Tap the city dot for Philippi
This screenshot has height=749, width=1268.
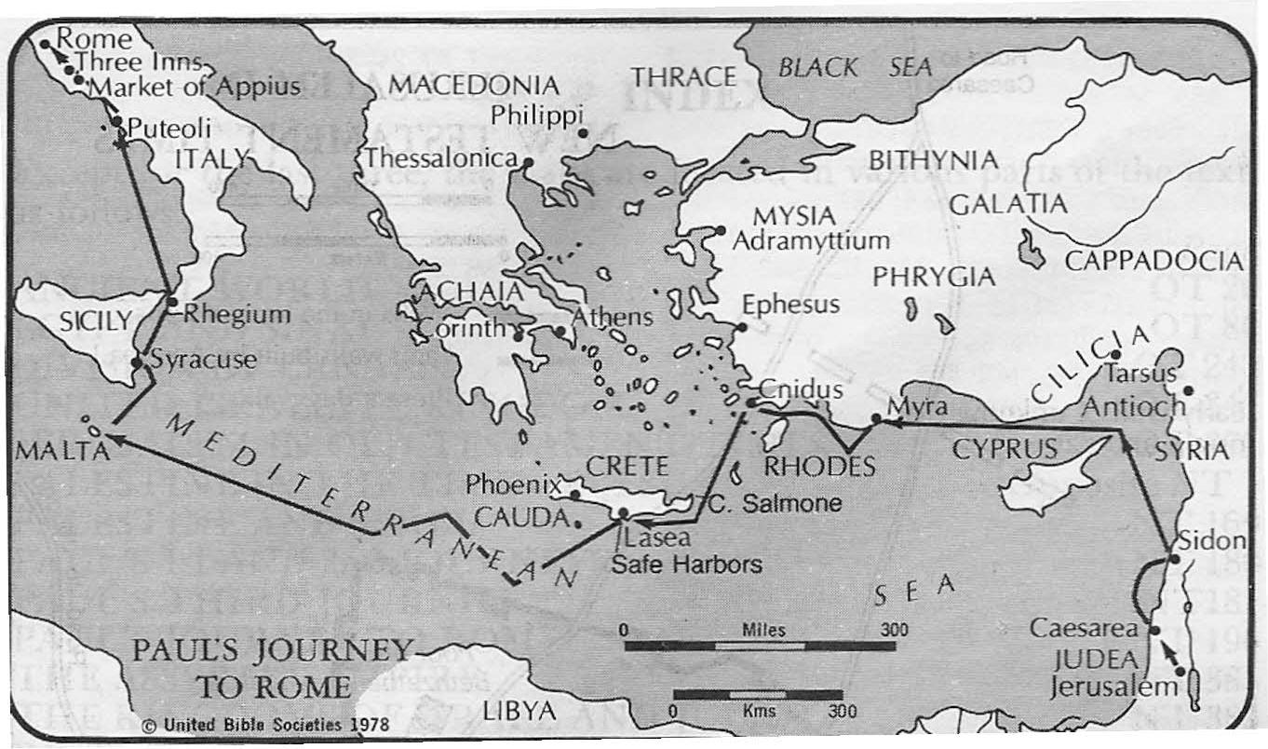click(584, 133)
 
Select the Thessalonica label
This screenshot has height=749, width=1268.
click(440, 159)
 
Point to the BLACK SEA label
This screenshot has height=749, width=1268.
click(855, 67)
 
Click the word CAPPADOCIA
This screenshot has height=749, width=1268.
click(1153, 261)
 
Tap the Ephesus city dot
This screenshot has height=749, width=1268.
click(742, 327)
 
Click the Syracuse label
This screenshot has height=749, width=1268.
click(203, 360)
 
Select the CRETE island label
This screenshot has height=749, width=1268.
click(627, 464)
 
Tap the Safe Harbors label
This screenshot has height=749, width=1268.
click(685, 564)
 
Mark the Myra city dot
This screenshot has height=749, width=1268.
click(876, 418)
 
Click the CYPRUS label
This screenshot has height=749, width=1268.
click(1005, 449)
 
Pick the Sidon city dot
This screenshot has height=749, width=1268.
click(1175, 559)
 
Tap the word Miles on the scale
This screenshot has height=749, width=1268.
click(763, 630)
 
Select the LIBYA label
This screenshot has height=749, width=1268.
click(519, 711)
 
